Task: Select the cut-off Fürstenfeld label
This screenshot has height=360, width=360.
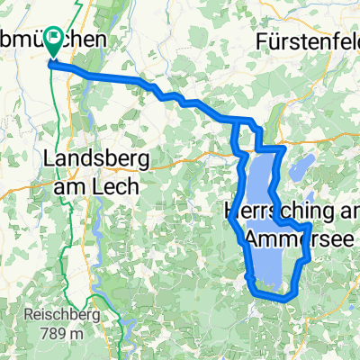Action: tap(306, 40)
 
